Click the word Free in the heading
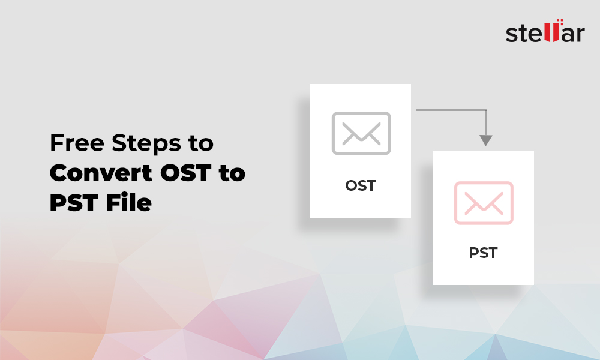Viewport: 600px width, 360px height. (77, 143)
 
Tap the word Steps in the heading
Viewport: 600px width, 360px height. (146, 145)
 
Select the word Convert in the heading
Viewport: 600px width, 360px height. (101, 173)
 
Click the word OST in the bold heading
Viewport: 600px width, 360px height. (185, 173)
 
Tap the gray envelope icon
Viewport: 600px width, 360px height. (361, 134)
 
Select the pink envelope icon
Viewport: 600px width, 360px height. (484, 203)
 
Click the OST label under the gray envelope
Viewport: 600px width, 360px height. (361, 186)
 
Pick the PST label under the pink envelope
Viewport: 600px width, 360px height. (483, 253)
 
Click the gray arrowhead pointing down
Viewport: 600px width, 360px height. (486, 140)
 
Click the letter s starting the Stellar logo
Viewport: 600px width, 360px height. (512, 34)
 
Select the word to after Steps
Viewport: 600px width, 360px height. (201, 143)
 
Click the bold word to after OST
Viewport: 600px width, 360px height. (232, 173)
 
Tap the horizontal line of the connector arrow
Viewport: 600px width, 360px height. (451, 110)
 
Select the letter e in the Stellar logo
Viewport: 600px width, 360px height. (535, 34)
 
